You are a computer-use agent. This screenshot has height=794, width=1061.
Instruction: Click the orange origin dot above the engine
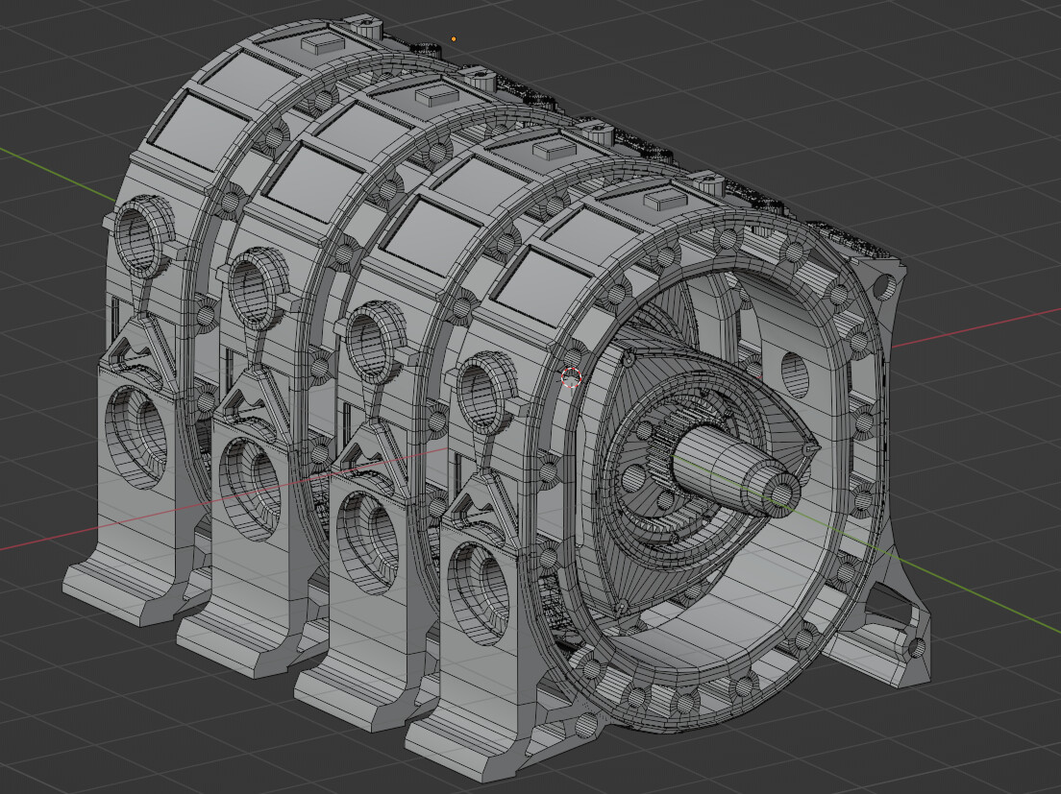point(454,39)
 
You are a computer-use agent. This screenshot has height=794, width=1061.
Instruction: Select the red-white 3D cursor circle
point(571,377)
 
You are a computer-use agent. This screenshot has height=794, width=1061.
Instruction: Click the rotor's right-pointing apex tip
point(816,447)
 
